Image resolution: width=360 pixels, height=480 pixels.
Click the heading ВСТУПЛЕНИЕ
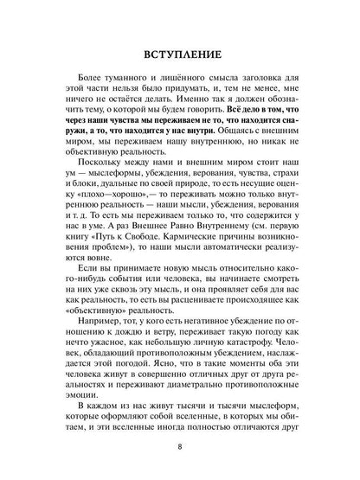coord(180,55)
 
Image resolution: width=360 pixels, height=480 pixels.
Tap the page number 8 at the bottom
coord(179,447)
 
